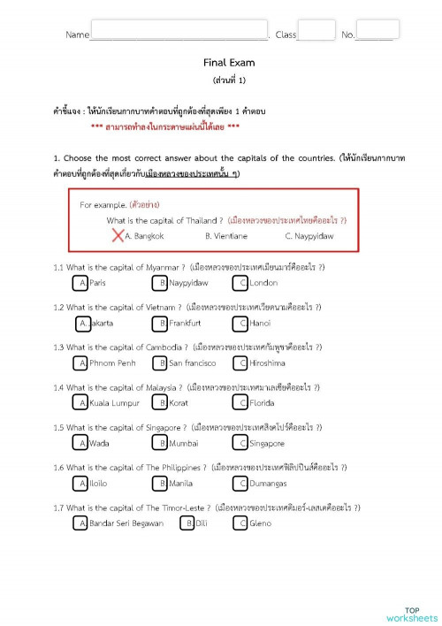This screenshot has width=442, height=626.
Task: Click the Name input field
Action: click(179, 31)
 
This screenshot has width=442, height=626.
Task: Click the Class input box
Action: click(316, 31)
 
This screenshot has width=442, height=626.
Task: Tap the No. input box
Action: click(378, 30)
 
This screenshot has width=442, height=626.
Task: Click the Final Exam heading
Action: click(229, 63)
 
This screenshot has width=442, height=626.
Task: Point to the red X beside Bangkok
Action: click(118, 235)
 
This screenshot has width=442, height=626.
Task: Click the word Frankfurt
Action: click(185, 324)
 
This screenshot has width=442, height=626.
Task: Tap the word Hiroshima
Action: click(267, 363)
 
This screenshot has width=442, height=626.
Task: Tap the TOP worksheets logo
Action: click(411, 613)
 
